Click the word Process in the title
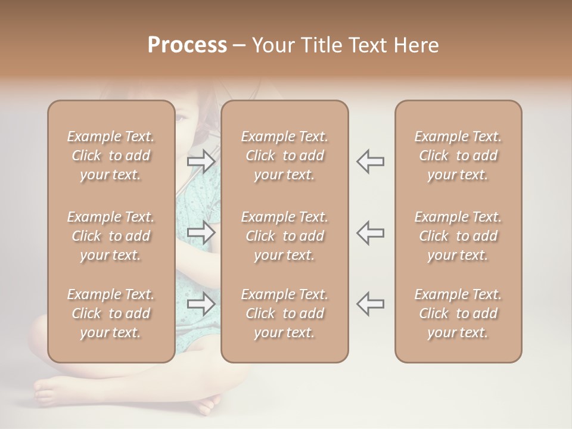(x=187, y=45)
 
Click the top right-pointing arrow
(x=201, y=161)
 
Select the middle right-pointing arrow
(x=201, y=232)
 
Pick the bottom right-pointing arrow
(x=201, y=304)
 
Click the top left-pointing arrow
(x=370, y=161)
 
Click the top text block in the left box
(x=111, y=156)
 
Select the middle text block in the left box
(x=111, y=236)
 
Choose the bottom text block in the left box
(x=111, y=313)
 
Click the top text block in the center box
(x=284, y=156)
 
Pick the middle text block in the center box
(x=284, y=236)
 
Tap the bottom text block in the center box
(x=284, y=313)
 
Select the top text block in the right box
(x=458, y=156)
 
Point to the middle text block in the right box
(x=458, y=236)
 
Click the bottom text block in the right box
(x=458, y=313)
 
